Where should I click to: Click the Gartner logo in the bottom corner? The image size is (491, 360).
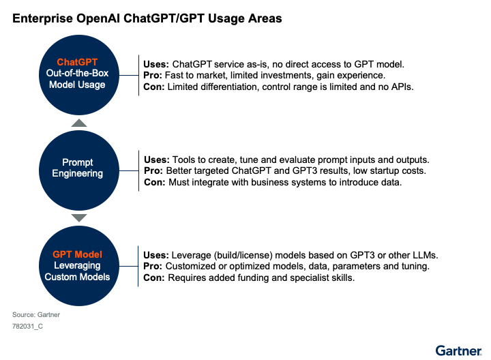point(458,351)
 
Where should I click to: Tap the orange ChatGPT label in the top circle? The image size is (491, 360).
point(77,62)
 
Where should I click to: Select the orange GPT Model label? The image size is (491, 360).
point(77,254)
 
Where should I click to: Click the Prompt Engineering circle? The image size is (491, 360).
point(79,170)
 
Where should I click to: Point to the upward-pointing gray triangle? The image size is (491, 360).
point(79,123)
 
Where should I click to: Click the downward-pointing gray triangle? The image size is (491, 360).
point(79,218)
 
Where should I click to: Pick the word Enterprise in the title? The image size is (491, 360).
point(42,19)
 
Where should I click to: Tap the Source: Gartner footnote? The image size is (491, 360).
point(36,314)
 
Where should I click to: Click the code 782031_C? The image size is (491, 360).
point(27,326)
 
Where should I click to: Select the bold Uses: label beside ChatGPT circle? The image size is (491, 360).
point(156,64)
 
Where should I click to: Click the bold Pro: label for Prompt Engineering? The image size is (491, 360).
point(153,170)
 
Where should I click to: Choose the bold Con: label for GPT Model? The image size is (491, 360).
point(153,277)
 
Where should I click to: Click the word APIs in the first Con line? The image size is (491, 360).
point(402,87)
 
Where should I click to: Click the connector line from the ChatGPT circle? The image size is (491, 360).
point(129,75)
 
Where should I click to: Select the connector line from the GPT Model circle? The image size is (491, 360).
point(129,266)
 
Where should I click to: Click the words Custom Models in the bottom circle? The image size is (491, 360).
point(77,277)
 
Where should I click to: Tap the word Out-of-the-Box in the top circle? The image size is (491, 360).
point(77,73)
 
